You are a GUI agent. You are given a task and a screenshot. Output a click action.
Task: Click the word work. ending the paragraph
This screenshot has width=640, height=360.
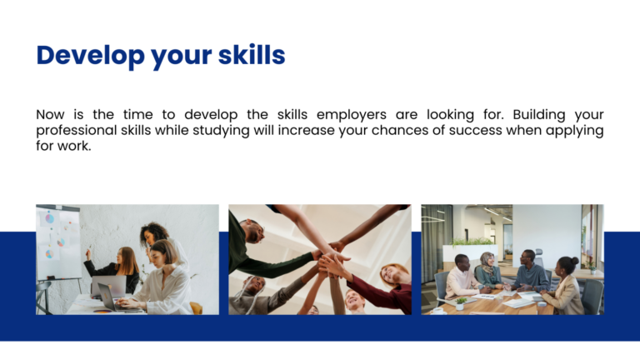pyautogui.click(x=73, y=147)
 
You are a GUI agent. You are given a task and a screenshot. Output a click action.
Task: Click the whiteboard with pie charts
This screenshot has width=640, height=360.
pyautogui.click(x=57, y=242)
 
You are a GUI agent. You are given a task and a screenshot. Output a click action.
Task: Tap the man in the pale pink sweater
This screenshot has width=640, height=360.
pyautogui.click(x=460, y=278)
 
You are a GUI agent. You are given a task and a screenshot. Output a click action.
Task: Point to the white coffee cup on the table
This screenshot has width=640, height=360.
pyautogui.click(x=437, y=311)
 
